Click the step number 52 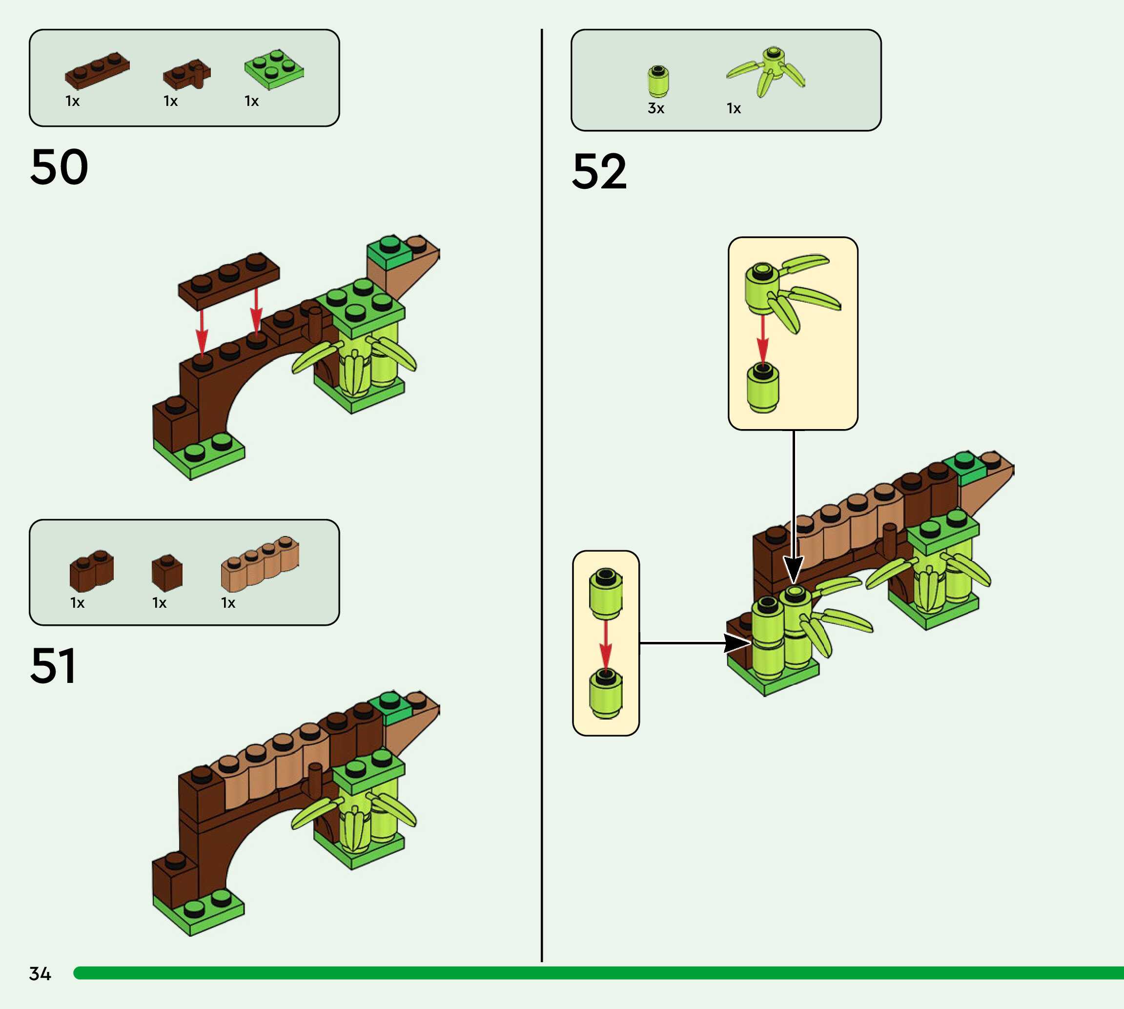tap(599, 172)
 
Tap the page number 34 tap(40, 973)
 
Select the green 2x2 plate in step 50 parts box tap(274, 69)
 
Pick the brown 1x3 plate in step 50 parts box tap(97, 71)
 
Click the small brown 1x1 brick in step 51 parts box tap(167, 573)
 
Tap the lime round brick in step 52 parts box tap(658, 82)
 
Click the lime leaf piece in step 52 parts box tap(768, 72)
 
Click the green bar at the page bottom tap(598, 973)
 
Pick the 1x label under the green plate tap(251, 101)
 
